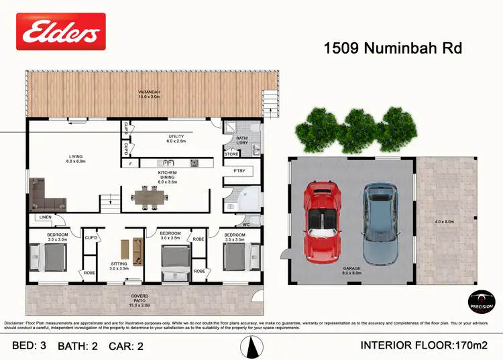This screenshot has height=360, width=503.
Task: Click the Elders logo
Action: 60,31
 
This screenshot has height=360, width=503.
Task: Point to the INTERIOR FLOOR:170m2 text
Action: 423,345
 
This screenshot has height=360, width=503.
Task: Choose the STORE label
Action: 231,154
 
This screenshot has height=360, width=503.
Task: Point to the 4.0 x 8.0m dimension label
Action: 444,222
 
